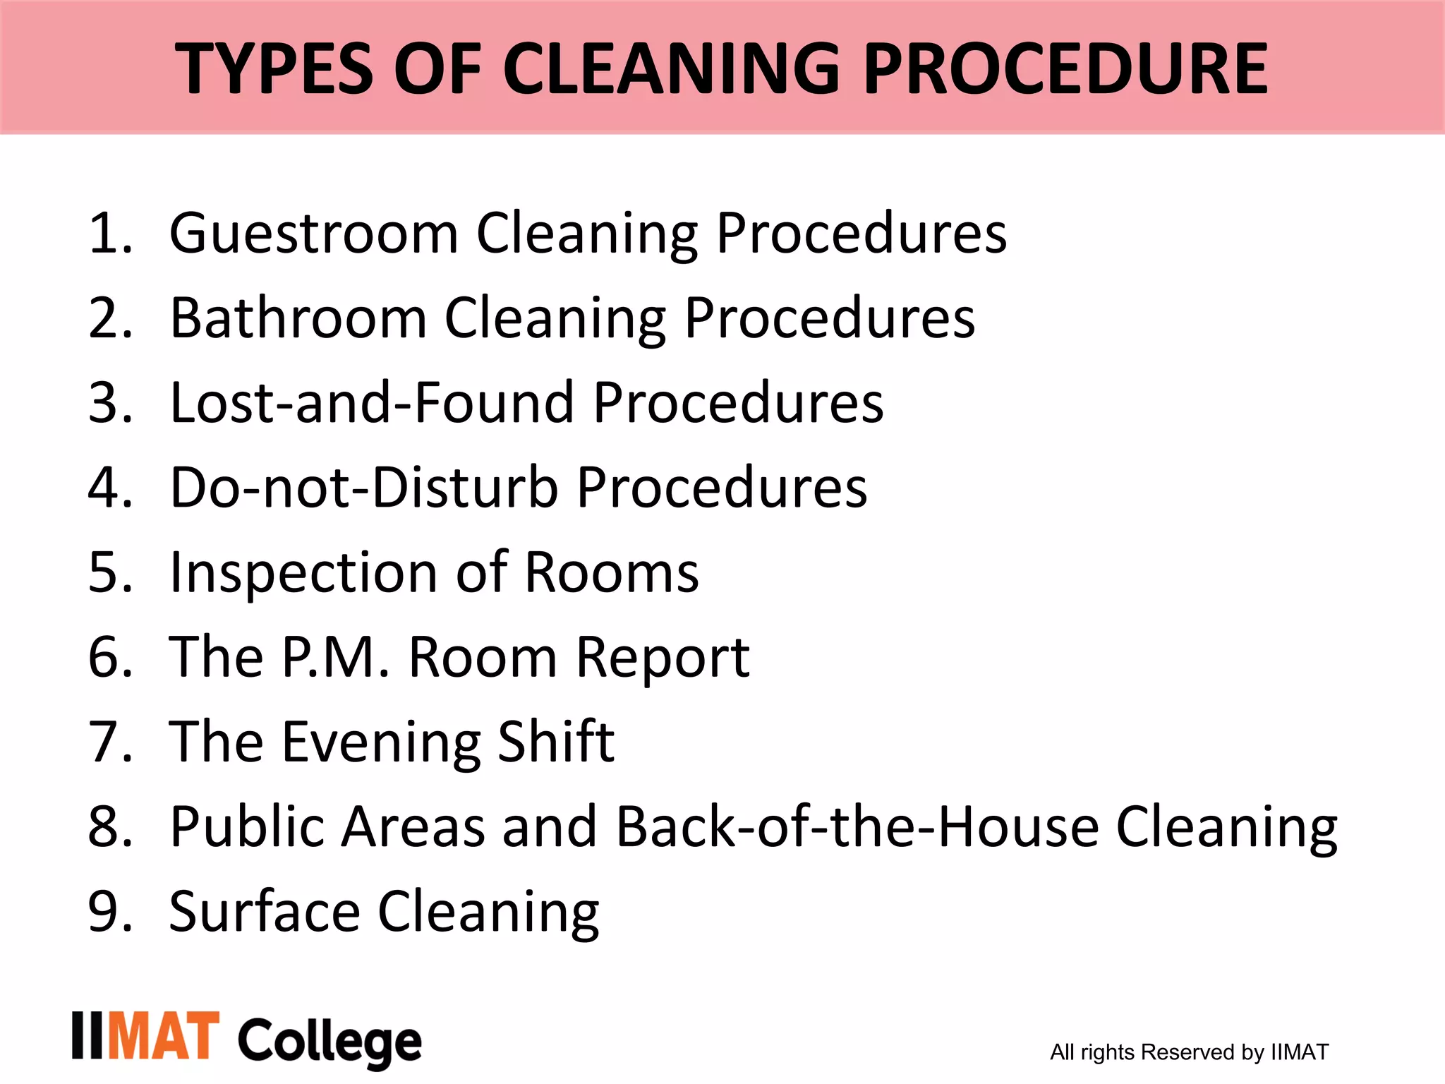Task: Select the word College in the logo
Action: tap(329, 1041)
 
